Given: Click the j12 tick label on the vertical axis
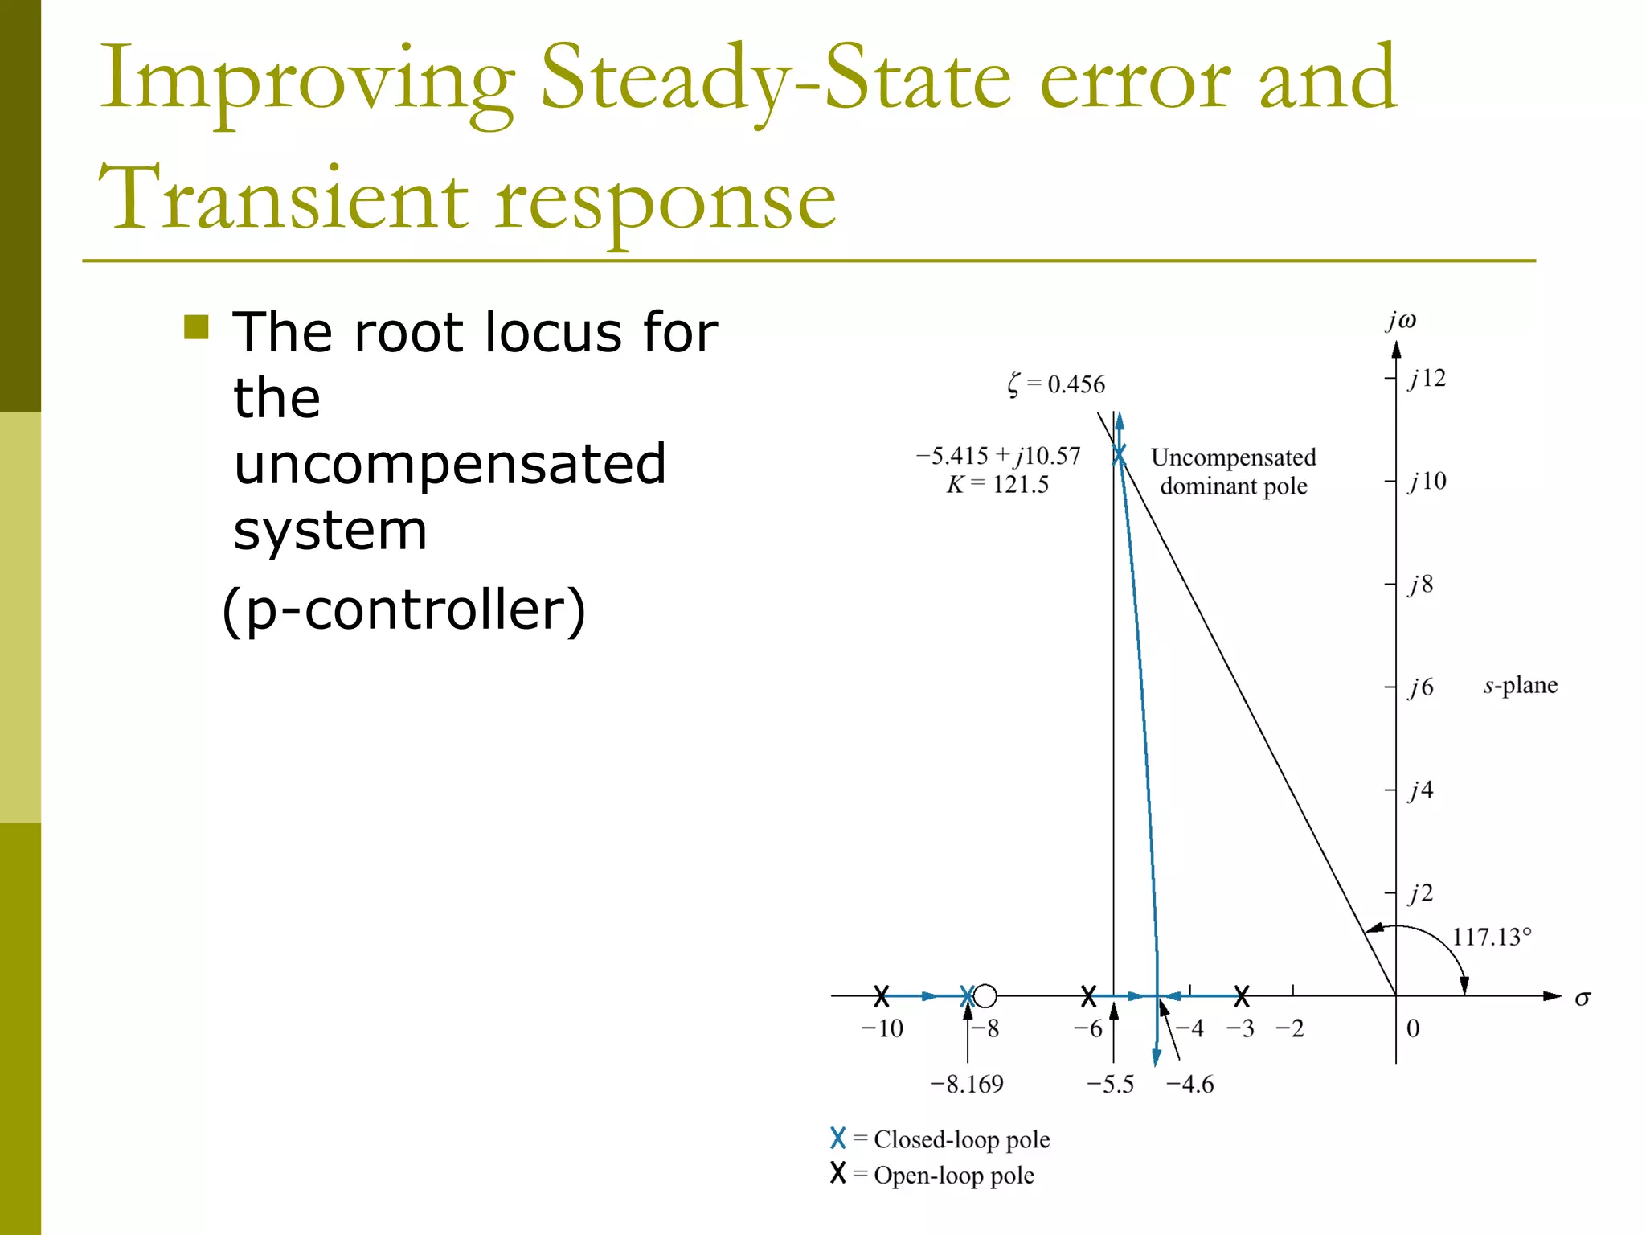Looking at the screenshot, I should (1427, 379).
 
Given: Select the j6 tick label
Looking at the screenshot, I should (1421, 687).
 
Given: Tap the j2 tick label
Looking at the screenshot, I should (1421, 893).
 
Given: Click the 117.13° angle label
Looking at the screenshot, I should (1492, 937).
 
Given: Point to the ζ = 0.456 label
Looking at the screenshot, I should (1056, 384).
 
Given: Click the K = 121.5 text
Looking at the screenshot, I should (997, 485).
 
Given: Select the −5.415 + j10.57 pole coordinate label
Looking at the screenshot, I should (998, 456).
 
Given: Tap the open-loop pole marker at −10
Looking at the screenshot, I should (882, 996).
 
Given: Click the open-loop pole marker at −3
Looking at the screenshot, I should (1242, 996).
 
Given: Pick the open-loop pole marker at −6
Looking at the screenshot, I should (1088, 996).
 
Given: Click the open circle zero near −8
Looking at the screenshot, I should (985, 996).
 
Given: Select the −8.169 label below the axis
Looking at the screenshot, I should (967, 1085).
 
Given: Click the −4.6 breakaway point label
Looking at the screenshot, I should (1189, 1085).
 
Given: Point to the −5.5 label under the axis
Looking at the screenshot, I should (1110, 1085).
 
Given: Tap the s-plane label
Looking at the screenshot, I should (1520, 685).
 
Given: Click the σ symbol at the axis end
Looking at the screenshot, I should (1582, 999).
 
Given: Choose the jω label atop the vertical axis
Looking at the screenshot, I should (1401, 321).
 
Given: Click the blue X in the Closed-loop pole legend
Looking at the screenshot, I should (838, 1138).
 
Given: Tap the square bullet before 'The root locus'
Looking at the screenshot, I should (196, 327).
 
